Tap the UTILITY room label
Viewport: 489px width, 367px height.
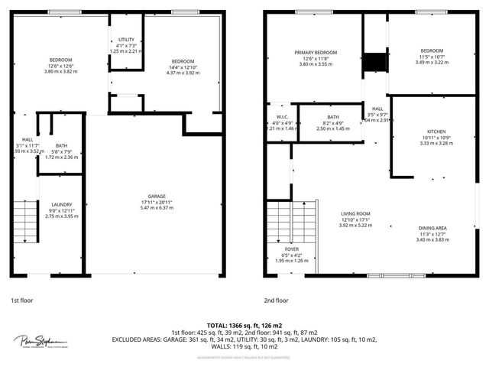(126, 40)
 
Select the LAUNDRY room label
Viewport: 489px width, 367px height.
(62, 204)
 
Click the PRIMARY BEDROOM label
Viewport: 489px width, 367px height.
(316, 52)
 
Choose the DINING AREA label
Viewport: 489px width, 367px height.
(433, 228)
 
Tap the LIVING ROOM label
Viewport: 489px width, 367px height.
(355, 213)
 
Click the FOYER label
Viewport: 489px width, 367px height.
(292, 249)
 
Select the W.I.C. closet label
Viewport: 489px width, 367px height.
(281, 118)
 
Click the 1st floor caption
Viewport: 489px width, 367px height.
(21, 300)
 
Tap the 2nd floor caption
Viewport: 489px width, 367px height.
(277, 300)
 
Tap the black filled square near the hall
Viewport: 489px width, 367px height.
(374, 62)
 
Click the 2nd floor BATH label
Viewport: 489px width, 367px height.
(332, 118)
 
